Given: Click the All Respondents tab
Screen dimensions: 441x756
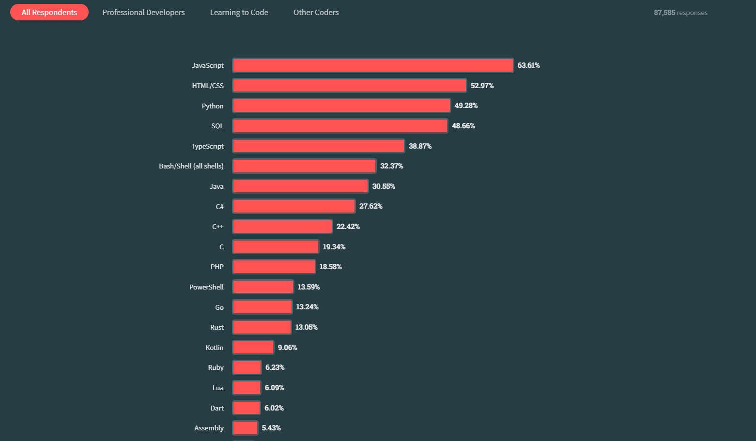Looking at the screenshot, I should [x=49, y=13].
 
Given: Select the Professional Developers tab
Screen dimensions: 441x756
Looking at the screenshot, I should [x=143, y=13].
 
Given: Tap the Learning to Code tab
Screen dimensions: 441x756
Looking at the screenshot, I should [x=239, y=13].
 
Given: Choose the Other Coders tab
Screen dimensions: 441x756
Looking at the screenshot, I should [x=316, y=13].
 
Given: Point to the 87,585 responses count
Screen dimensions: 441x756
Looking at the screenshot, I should [x=680, y=13].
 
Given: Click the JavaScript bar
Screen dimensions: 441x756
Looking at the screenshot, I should [x=373, y=65].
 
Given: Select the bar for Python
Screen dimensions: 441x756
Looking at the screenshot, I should [x=341, y=106].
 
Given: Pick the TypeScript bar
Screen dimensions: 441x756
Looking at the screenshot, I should [x=319, y=146].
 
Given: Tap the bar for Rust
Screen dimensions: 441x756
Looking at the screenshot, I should [x=262, y=327].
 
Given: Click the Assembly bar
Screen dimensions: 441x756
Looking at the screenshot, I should [x=245, y=428].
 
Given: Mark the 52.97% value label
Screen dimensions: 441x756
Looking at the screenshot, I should [x=482, y=86].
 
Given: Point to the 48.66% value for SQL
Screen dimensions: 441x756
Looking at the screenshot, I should [x=463, y=126].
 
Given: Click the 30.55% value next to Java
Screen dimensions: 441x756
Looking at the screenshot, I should [x=384, y=186].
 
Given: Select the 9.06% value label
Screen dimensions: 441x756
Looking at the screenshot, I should [x=287, y=348].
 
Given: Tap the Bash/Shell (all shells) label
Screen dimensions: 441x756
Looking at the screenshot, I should [x=191, y=166].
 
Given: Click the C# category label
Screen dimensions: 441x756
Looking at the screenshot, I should [x=220, y=207].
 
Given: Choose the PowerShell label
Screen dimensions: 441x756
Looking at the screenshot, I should [x=206, y=287].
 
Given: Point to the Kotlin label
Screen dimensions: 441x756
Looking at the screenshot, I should [x=215, y=348].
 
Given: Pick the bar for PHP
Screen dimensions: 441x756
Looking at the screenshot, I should [x=274, y=267].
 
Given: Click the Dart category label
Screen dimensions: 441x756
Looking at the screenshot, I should [x=217, y=408].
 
